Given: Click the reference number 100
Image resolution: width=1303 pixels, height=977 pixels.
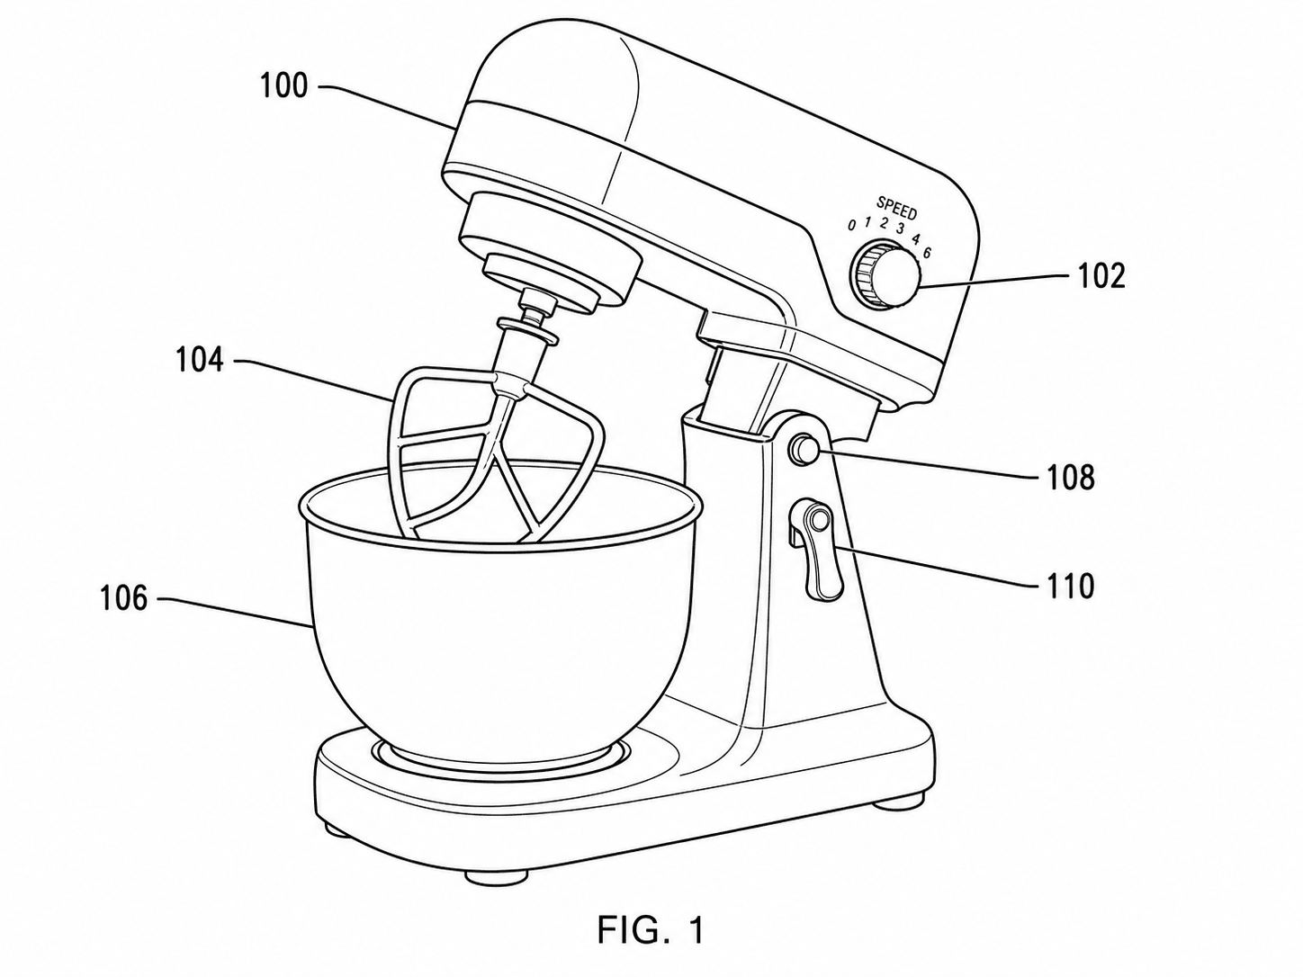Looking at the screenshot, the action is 284,86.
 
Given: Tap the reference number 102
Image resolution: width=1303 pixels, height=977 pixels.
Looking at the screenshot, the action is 1101,276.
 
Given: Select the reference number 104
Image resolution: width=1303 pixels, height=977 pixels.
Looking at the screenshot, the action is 200,360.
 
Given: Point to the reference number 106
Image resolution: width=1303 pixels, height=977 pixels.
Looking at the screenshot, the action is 123,598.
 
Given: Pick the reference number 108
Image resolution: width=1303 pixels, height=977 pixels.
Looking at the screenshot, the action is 1071,478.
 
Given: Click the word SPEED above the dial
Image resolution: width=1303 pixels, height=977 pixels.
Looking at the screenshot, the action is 897,208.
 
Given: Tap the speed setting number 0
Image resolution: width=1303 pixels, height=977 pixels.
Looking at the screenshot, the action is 852,226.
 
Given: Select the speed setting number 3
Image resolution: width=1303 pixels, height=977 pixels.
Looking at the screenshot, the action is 900,229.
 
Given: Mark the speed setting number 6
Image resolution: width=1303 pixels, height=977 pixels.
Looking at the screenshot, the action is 928,253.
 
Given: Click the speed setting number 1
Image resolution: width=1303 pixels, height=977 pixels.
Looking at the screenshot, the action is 867,222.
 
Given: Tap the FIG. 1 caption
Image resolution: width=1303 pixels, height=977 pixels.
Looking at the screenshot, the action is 651,930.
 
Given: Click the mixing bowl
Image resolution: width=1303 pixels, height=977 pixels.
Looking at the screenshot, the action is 499,611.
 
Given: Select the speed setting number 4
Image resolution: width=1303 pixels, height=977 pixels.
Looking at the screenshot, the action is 916,239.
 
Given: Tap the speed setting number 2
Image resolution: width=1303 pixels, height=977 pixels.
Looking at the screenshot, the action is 884,224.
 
